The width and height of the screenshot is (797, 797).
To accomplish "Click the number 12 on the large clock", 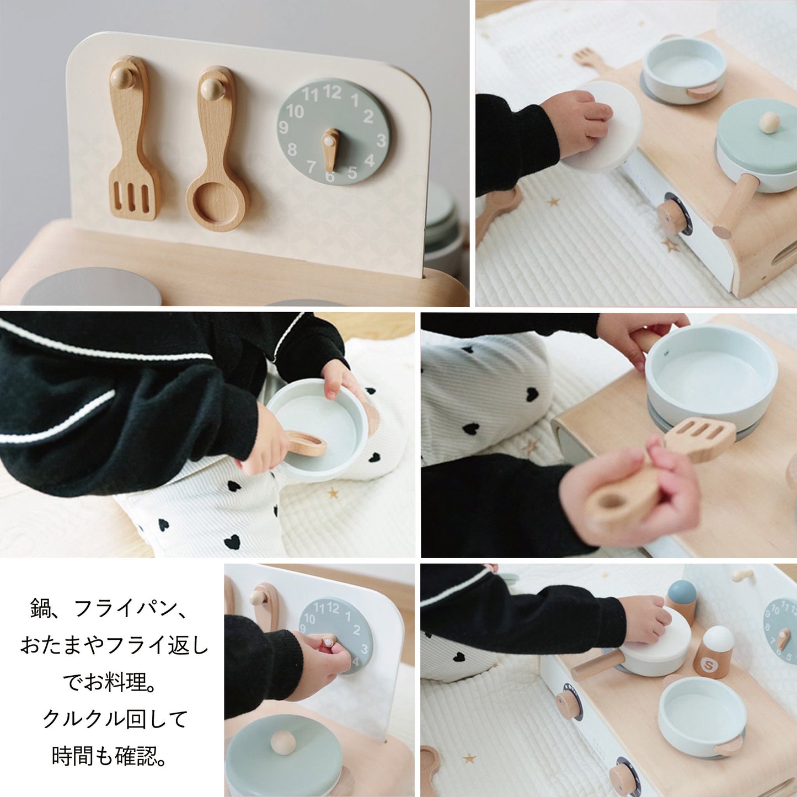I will point(332,92).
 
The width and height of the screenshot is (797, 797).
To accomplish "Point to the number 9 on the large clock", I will point(284,128).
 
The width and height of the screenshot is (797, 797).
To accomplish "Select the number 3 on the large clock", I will point(381,141).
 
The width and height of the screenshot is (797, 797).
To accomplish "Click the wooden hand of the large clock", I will point(330,149).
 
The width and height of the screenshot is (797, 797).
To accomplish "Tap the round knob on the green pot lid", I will point(769,122).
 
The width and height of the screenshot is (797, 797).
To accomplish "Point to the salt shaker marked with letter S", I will point(713,653).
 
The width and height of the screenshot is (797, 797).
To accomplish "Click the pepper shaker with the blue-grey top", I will point(681,601).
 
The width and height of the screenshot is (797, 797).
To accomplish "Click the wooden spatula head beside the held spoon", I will point(700,438).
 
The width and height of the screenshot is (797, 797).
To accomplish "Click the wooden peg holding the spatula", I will point(122,77).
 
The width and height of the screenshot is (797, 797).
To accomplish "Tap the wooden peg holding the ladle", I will point(212,88).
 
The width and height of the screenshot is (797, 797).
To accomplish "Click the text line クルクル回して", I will point(115,719).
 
